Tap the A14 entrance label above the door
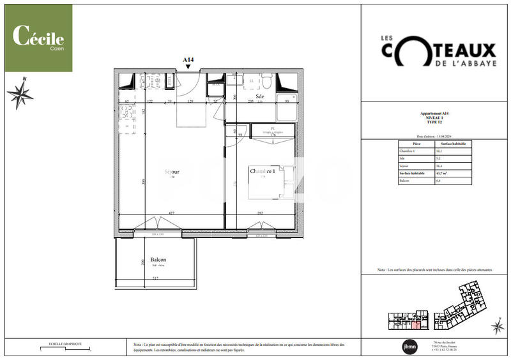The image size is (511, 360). click(x=188, y=60)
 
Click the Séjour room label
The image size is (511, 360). click(x=171, y=172)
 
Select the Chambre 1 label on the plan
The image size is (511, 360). click(x=263, y=172)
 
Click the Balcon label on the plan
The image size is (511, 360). click(x=158, y=260)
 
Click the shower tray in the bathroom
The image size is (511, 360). click(x=286, y=110)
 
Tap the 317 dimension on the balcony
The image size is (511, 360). click(x=155, y=278)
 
